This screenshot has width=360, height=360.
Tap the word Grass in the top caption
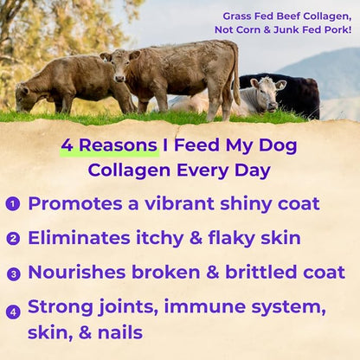239,16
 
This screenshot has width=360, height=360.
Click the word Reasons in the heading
109,145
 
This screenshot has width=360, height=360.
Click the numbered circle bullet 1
12,204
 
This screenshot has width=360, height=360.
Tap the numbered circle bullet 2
12,239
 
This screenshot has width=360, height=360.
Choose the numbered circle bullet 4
12,312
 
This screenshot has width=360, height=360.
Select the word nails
116,333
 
